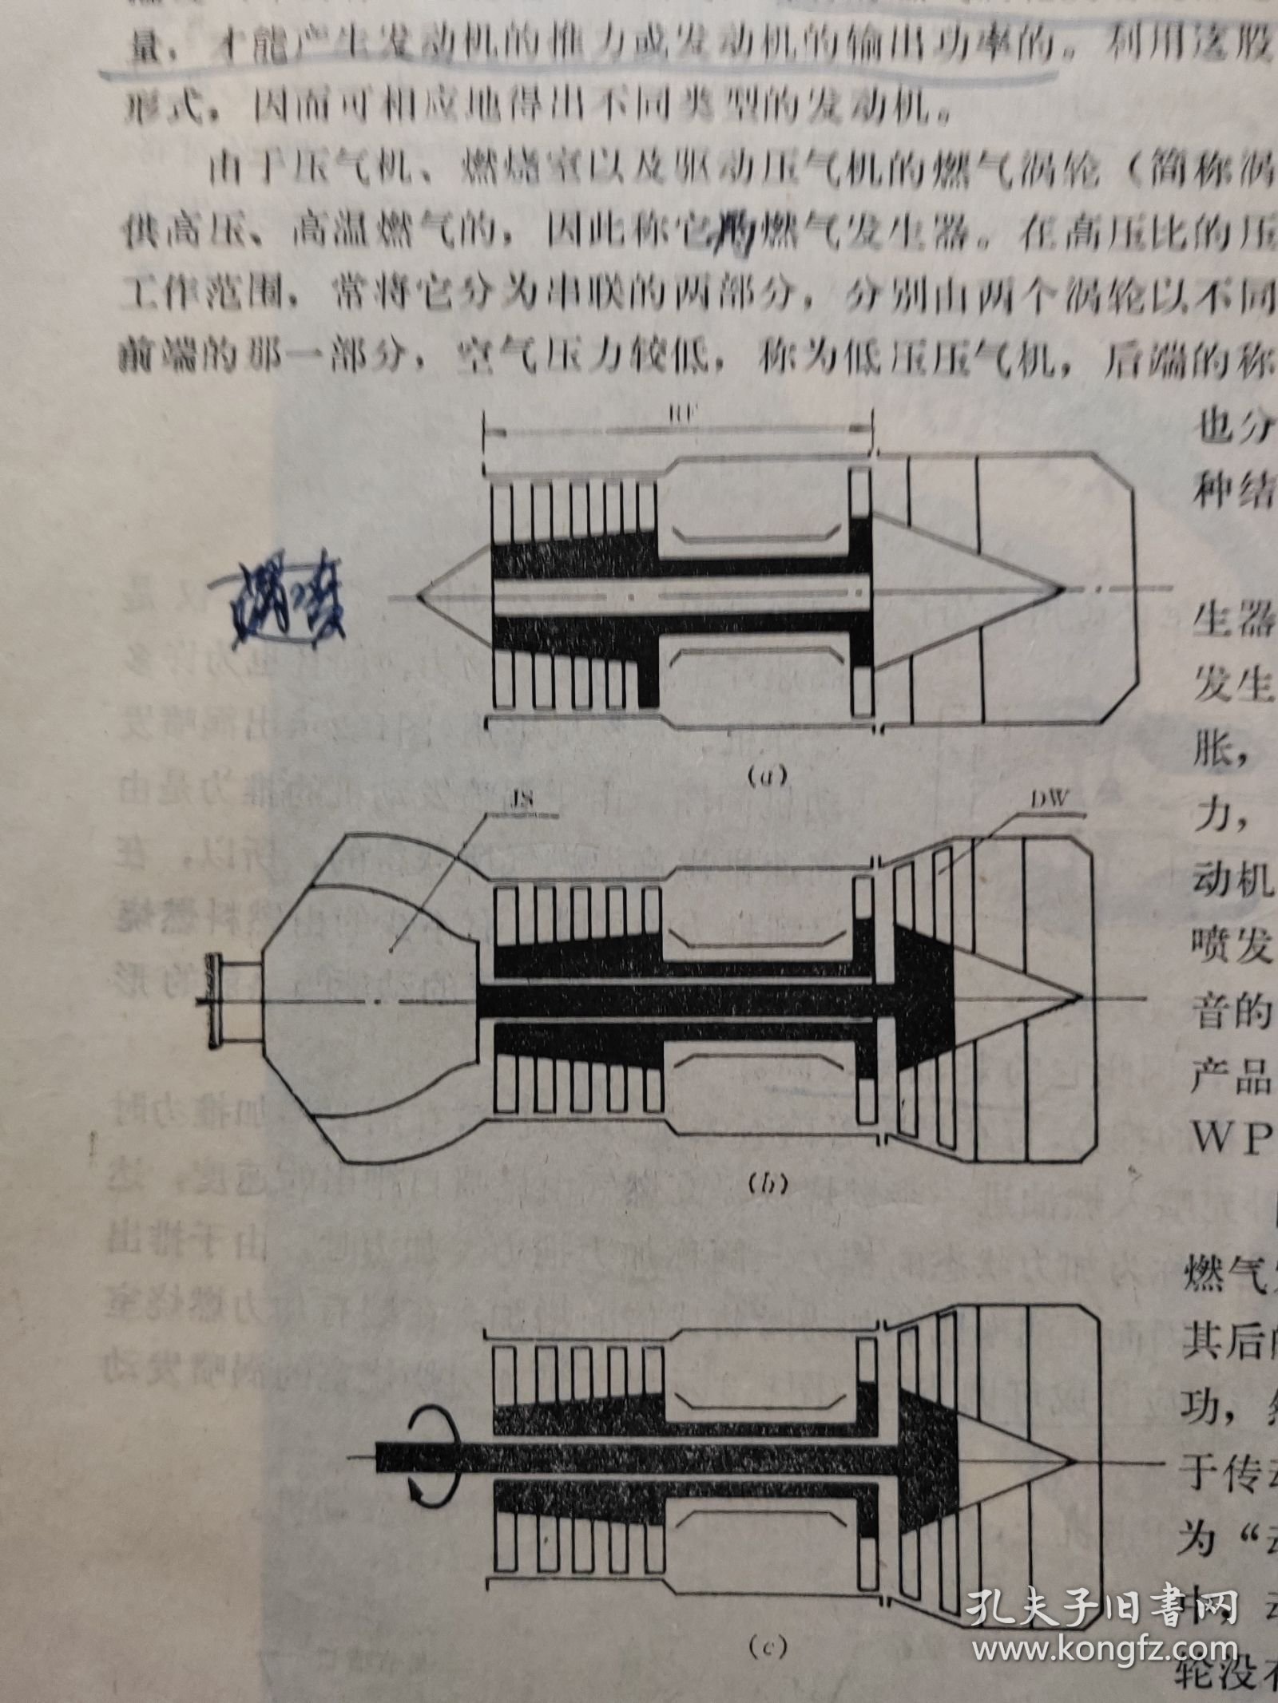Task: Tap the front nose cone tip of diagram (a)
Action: click(419, 596)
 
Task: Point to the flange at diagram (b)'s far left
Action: click(210, 1000)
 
